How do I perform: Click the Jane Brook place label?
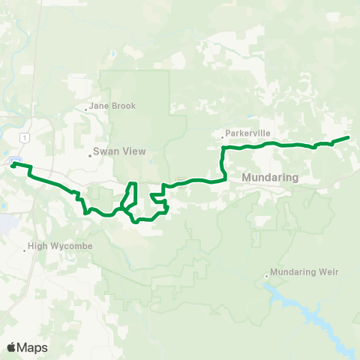112,106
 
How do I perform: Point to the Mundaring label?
271,178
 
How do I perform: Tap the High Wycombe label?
59,245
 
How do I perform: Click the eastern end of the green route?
349,138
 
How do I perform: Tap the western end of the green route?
12,165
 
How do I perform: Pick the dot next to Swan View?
90,155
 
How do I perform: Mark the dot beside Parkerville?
223,136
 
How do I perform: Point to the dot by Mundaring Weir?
266,276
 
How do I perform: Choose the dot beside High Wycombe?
25,250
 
